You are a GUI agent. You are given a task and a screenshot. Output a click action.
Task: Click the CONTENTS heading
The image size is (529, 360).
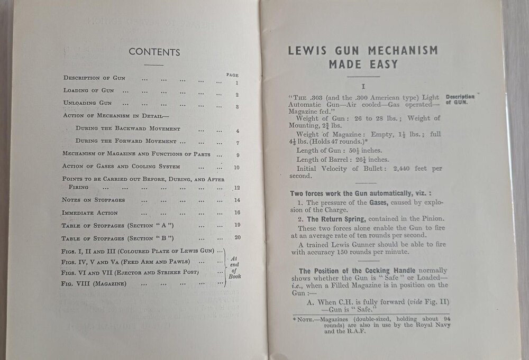154,52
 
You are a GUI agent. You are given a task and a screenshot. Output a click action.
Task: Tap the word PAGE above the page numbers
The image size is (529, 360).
232,75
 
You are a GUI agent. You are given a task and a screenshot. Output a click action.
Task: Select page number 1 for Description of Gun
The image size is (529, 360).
237,83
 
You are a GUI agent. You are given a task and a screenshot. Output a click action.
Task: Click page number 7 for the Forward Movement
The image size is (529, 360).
238,143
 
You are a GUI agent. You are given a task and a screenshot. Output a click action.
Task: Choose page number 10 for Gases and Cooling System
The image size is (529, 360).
237,168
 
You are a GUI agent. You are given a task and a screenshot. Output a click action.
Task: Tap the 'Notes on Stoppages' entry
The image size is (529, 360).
94,200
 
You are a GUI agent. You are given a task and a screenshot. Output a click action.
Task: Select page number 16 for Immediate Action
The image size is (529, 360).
237,213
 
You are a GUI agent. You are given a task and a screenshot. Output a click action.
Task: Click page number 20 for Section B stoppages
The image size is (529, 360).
238,237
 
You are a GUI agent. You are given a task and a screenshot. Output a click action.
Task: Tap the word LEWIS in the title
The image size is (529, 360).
306,51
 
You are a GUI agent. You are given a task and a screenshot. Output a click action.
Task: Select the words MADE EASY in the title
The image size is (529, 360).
362,65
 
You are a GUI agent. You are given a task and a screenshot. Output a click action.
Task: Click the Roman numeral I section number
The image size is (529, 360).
363,85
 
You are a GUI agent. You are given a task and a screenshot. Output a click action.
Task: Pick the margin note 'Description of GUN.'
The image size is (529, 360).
460,100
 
